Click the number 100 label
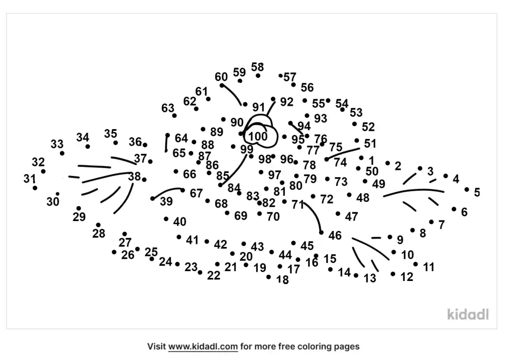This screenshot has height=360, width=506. [x=258, y=137]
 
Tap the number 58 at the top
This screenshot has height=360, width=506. [x=257, y=67]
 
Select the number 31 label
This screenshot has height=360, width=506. [x=29, y=179]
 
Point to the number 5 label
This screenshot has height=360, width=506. [x=477, y=193]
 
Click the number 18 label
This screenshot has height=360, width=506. [x=282, y=280]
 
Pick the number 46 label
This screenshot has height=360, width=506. [x=335, y=236]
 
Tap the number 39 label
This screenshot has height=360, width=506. [x=166, y=202]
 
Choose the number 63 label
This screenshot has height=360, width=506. [x=168, y=108]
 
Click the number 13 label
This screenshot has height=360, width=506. [x=370, y=279]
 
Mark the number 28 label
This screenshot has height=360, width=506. [x=99, y=234]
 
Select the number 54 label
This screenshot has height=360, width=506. [x=342, y=103]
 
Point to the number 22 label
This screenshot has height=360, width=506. [x=214, y=276]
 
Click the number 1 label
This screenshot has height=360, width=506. [x=371, y=160]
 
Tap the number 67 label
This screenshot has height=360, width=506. [x=196, y=193]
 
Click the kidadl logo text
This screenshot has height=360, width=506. [x=467, y=314]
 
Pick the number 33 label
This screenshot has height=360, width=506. [x=57, y=144]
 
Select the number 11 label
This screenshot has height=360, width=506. [x=429, y=267]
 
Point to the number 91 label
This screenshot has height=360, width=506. [x=258, y=107]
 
